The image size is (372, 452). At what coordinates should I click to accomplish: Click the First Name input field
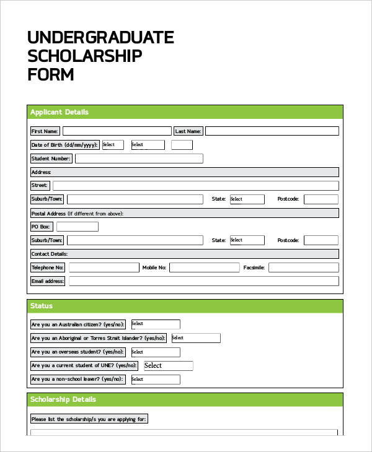pyautogui.click(x=117, y=131)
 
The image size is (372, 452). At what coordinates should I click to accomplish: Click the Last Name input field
pyautogui.click(x=272, y=131)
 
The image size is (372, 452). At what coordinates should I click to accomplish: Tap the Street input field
pyautogui.click(x=195, y=185)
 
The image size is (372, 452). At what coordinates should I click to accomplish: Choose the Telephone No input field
pyautogui.click(x=104, y=267)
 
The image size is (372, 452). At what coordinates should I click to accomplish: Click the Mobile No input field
pyautogui.click(x=204, y=267)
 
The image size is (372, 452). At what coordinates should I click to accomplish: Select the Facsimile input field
pyautogui.click(x=304, y=267)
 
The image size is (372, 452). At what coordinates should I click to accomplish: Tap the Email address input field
pyautogui.click(x=203, y=281)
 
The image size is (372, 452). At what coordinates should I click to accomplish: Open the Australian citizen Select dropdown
pyautogui.click(x=154, y=324)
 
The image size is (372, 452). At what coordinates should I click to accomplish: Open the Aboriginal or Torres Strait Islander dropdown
pyautogui.click(x=195, y=338)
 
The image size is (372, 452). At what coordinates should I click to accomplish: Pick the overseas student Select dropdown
pyautogui.click(x=154, y=352)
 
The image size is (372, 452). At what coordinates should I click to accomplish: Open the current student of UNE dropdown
pyautogui.click(x=167, y=365)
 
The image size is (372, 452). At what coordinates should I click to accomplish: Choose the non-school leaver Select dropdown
pyautogui.click(x=154, y=379)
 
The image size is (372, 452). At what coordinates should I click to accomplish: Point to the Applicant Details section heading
pyautogui.click(x=60, y=112)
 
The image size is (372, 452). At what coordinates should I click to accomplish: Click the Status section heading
pyautogui.click(x=42, y=306)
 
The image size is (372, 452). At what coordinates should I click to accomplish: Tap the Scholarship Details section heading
pyautogui.click(x=63, y=399)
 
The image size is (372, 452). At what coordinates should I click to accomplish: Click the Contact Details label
pyautogui.click(x=50, y=254)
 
